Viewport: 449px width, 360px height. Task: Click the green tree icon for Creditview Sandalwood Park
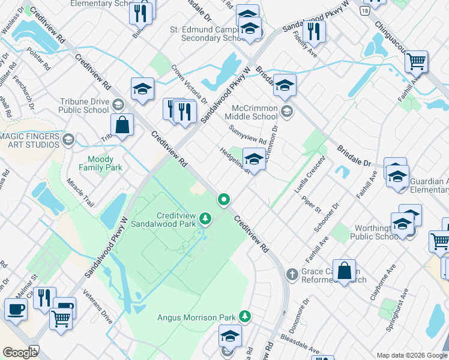pos(206,217)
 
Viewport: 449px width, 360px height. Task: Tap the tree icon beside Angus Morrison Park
pos(244,316)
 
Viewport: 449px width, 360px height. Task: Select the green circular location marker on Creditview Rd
pos(224,199)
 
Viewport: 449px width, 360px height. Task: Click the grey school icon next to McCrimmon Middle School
pos(288,110)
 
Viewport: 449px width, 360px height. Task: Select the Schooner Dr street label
pos(327,217)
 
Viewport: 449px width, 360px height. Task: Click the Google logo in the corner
pos(20,353)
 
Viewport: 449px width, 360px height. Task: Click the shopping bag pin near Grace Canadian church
pos(345,271)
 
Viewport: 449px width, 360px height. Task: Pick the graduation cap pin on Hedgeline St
pos(255,160)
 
